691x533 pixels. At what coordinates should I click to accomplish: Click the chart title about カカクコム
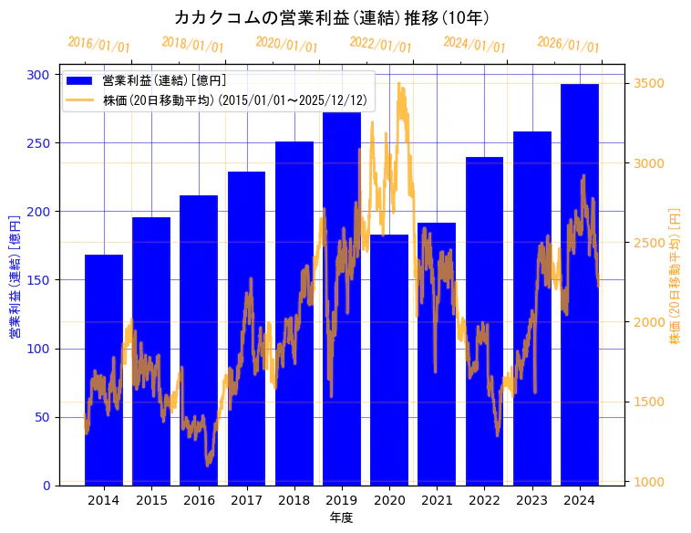pos(333,17)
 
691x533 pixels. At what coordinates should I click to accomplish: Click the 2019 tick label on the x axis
pos(342,500)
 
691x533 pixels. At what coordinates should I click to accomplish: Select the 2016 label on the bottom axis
pos(199,500)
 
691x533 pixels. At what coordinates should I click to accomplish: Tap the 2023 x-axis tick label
pos(532,500)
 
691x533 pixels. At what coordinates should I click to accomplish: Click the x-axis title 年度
pos(342,517)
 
